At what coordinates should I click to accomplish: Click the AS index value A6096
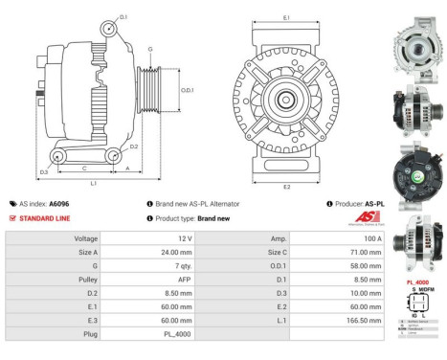pos(58,204)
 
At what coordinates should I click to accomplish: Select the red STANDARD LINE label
pos(45,218)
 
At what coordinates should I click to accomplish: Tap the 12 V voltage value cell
pos(186,237)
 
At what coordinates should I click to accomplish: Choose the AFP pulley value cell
pos(185,280)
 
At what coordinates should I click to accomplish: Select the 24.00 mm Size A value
pos(180,252)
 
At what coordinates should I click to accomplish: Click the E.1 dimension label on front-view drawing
pos(286,18)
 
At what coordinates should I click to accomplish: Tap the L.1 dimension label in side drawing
pos(93,183)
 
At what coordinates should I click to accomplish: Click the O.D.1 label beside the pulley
pos(188,90)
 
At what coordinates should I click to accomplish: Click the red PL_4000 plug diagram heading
pos(417,281)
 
